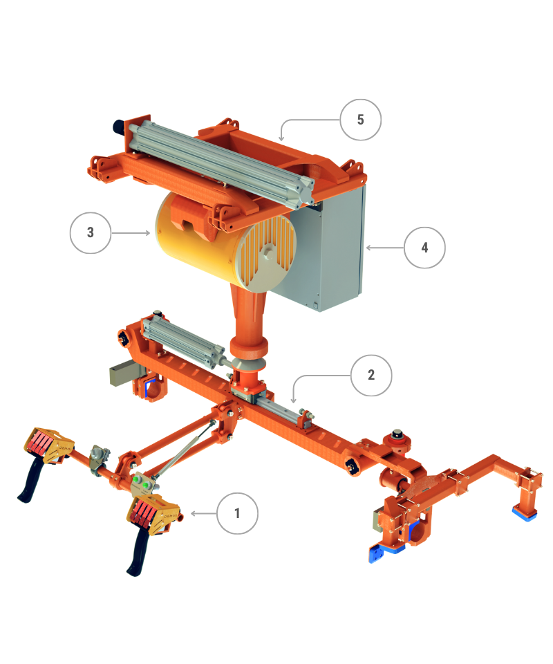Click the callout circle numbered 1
(237, 513)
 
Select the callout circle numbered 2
(371, 375)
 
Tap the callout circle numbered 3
(90, 232)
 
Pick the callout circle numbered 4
(424, 248)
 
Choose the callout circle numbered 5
(360, 120)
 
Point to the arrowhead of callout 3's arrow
(148, 232)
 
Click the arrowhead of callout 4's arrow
(368, 248)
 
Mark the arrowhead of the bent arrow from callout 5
(281, 138)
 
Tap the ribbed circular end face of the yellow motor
(267, 255)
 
